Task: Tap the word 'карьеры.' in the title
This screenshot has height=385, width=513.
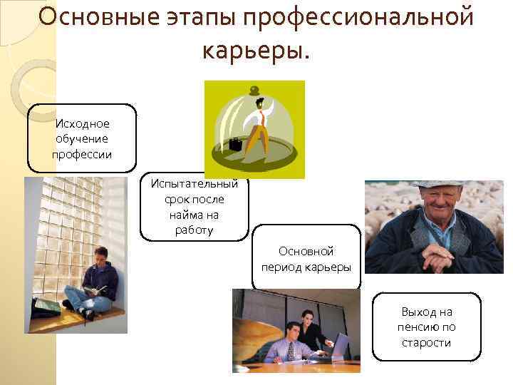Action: (x=256, y=49)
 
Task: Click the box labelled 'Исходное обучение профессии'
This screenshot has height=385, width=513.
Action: (x=82, y=138)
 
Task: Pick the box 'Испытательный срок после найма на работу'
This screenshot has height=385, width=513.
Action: (x=194, y=207)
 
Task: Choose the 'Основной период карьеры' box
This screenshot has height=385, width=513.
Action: (x=306, y=259)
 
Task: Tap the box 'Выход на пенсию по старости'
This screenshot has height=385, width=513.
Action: (x=426, y=327)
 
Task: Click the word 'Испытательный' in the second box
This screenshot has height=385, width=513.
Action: (x=194, y=183)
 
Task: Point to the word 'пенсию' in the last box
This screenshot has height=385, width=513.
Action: (x=426, y=327)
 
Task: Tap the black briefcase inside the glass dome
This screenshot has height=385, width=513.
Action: (x=234, y=145)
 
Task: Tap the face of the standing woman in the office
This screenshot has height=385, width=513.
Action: (x=306, y=318)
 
